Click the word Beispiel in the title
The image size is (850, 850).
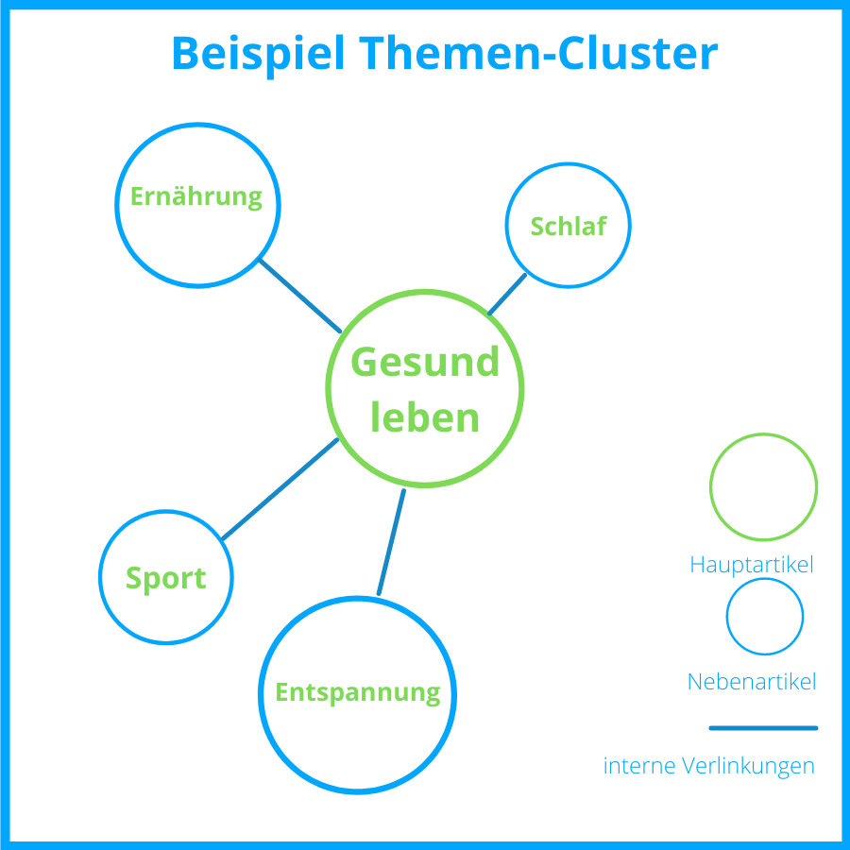click(257, 54)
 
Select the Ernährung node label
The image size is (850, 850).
click(195, 197)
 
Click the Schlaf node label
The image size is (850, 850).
click(567, 227)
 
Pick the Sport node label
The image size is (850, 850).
click(165, 578)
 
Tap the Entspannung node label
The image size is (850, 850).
click(357, 693)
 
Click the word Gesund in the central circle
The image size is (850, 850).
click(424, 363)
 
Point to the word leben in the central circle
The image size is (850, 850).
click(424, 417)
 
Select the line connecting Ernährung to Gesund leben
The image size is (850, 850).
click(300, 296)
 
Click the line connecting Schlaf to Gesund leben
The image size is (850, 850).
click(507, 294)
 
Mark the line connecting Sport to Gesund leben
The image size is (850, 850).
click(280, 489)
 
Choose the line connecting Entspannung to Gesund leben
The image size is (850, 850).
click(391, 542)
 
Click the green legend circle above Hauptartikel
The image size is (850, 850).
click(763, 486)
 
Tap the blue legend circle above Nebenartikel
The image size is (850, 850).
click(764, 617)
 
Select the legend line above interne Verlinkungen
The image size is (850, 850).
click(763, 728)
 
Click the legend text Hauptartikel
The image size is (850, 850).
click(752, 565)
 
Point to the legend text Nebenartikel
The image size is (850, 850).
click(752, 682)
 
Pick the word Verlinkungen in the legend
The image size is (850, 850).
click(749, 766)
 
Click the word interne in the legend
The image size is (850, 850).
click(639, 766)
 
